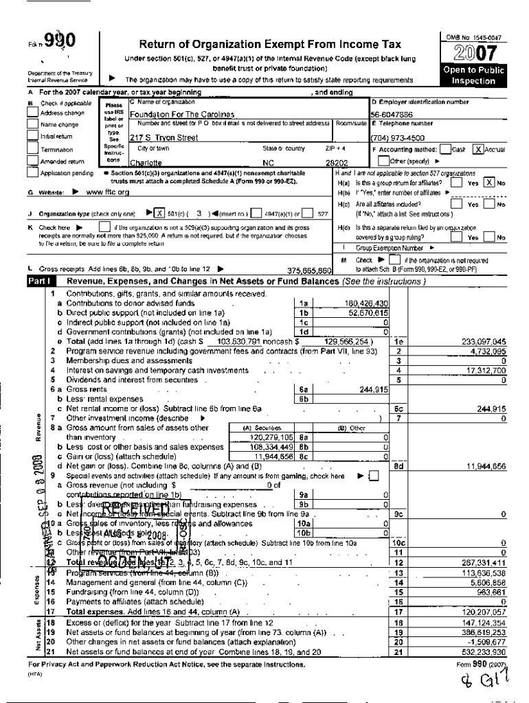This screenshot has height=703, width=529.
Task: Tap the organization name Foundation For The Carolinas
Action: coord(181,115)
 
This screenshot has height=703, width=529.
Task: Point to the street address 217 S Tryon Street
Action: coord(164,138)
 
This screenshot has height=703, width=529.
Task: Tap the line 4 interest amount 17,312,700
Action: coord(486,370)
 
